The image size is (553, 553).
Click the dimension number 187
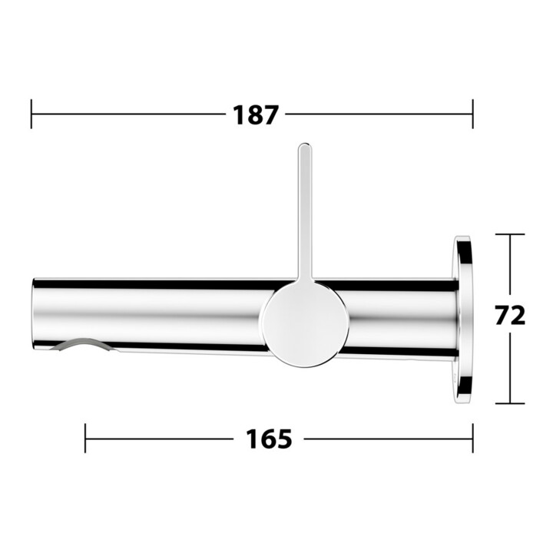(256, 114)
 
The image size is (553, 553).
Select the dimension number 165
(269, 439)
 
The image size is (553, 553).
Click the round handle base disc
(306, 324)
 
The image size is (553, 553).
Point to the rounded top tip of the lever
(305, 144)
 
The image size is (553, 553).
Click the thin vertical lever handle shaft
(305, 212)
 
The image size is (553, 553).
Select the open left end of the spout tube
(35, 315)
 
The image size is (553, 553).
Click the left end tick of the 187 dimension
(31, 114)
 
